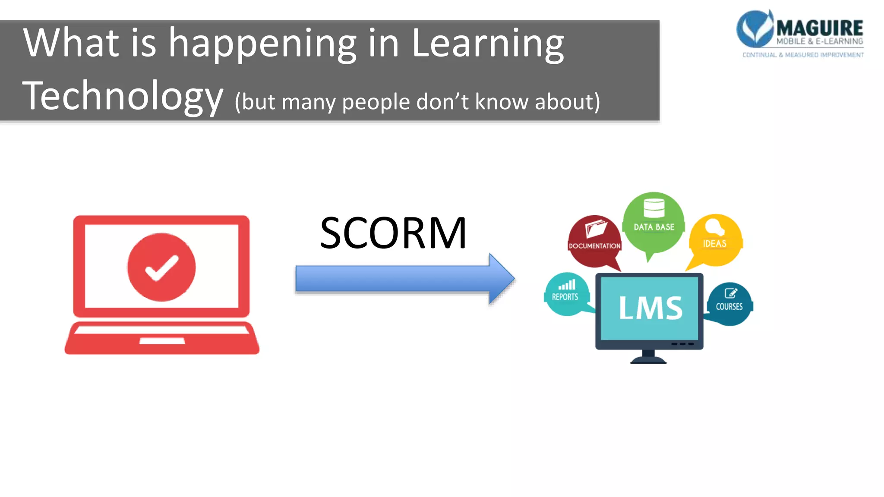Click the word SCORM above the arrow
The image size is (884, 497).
pos(393,233)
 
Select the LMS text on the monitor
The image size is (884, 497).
pos(650,308)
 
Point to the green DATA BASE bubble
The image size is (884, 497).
pos(654,222)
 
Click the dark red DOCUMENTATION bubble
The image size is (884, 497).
pos(594,242)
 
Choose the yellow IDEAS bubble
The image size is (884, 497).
pos(715,240)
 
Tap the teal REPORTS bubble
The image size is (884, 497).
pos(566,294)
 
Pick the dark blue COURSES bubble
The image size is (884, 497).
pos(729,304)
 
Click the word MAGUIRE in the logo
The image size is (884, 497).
pos(819,28)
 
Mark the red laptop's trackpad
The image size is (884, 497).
pos(162,341)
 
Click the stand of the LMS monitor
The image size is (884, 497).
pos(648,356)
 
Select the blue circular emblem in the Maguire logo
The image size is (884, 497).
pos(755,28)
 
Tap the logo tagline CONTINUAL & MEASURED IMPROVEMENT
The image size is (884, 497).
pos(803,55)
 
